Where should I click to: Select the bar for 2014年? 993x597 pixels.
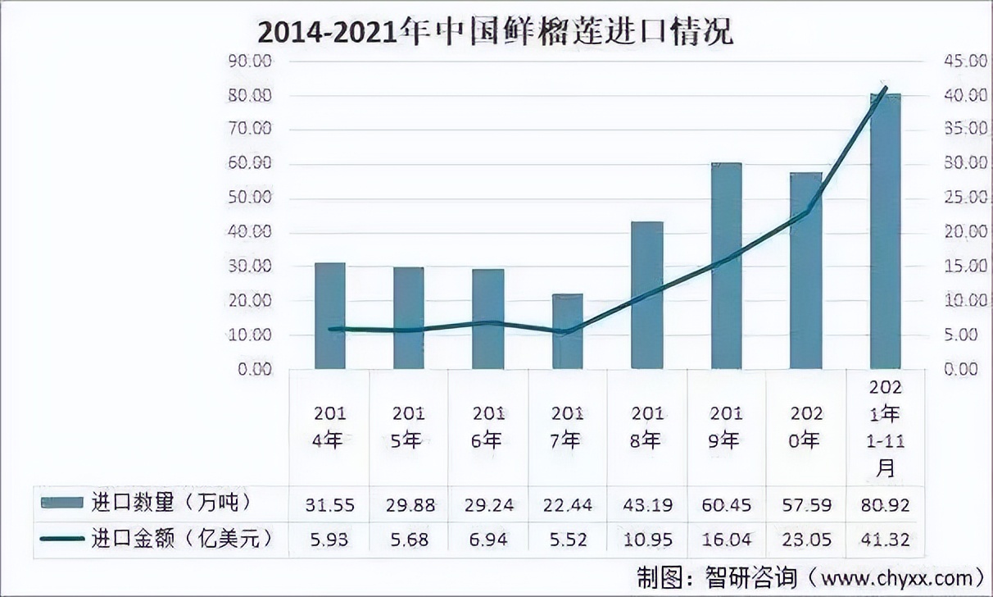pos(330,316)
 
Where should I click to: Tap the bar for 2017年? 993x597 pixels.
pos(567,331)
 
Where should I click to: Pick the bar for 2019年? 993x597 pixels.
pos(726,266)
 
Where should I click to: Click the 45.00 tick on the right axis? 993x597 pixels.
pos(944,62)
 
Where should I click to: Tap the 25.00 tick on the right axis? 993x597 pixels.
pos(944,198)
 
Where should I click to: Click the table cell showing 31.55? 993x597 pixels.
pos(330,504)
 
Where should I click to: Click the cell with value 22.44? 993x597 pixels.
pos(567,504)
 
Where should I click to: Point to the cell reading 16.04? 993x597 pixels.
pos(726,540)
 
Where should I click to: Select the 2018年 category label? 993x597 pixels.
pos(646,426)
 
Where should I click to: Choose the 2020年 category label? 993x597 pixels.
pos(805,426)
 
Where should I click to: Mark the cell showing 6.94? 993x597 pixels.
pos(489,540)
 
